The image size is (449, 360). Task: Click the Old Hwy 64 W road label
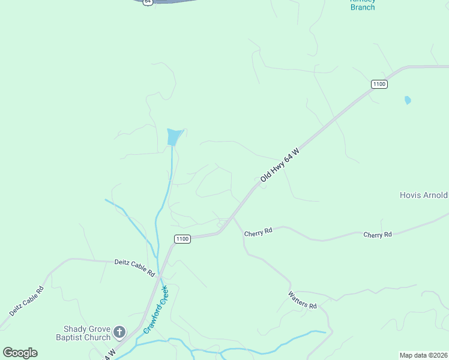[x=280, y=166]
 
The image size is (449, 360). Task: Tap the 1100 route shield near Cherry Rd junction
[x=182, y=239]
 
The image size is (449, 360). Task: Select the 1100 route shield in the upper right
[x=379, y=84]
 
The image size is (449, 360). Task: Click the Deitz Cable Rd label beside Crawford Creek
[x=134, y=267]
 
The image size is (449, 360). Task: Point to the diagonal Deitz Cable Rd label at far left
[x=26, y=301]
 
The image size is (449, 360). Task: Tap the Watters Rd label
[x=302, y=300]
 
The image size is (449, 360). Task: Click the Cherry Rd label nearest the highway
[x=259, y=231]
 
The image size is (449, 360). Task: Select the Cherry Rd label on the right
[x=378, y=234]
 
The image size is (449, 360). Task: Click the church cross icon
[x=119, y=331]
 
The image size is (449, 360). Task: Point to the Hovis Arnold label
[x=424, y=195]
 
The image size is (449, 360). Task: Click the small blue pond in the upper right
[x=408, y=100]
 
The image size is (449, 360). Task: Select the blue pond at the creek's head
[x=173, y=137]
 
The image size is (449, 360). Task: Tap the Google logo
[x=20, y=353]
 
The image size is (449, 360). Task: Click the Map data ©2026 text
[x=423, y=355]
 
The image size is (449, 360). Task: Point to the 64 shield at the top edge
[x=148, y=2]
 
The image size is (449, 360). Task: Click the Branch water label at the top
[x=363, y=7]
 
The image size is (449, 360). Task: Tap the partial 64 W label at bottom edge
[x=108, y=355]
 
